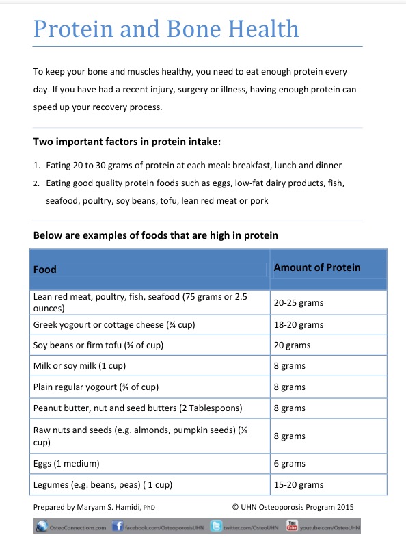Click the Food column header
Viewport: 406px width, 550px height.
click(45, 269)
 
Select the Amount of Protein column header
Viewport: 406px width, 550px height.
click(316, 267)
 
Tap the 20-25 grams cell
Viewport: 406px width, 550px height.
click(299, 302)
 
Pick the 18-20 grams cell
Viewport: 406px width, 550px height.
click(299, 325)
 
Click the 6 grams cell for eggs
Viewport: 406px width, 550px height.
click(290, 464)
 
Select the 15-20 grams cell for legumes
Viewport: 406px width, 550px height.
click(299, 485)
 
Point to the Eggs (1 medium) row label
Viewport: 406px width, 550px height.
click(67, 464)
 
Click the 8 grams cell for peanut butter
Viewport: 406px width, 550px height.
click(290, 408)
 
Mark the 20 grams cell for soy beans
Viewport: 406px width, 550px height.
click(292, 345)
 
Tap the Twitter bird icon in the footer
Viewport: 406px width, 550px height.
click(215, 527)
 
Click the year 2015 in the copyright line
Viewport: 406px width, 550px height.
click(344, 507)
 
